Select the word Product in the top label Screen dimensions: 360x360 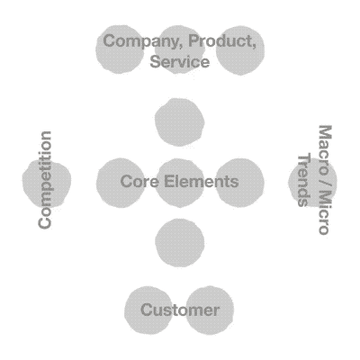click(x=222, y=41)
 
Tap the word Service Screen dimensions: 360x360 click(x=180, y=61)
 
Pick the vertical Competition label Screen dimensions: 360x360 click(x=45, y=180)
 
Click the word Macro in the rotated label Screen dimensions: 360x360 click(x=325, y=149)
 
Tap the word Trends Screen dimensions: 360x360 click(x=303, y=181)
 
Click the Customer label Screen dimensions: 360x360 click(x=180, y=310)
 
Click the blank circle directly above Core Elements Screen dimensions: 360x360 click(x=180, y=122)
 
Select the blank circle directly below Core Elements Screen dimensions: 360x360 click(x=180, y=242)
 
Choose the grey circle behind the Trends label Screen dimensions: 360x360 click(x=312, y=182)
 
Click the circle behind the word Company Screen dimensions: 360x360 click(x=120, y=49)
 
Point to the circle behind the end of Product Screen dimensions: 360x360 click(x=240, y=50)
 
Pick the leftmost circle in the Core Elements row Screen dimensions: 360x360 click(x=121, y=183)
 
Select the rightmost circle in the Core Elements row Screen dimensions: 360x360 click(x=239, y=183)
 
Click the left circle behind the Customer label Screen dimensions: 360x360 click(x=148, y=310)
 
